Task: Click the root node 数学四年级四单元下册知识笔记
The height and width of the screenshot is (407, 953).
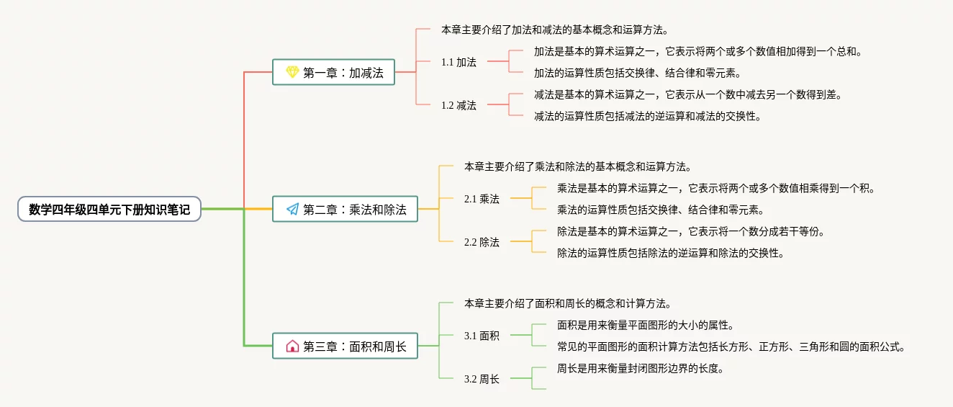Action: [109, 209]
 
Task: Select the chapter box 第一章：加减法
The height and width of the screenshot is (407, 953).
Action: [333, 72]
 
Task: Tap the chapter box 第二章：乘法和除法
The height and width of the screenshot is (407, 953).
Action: [345, 209]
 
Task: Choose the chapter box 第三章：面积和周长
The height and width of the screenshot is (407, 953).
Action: [345, 346]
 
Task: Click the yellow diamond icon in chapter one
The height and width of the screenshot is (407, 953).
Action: [292, 72]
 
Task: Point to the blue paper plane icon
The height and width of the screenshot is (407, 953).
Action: [292, 209]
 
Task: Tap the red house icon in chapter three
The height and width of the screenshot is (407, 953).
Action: [292, 346]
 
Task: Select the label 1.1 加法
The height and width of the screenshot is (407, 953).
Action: [459, 62]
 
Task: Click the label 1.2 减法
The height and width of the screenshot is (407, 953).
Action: [459, 105]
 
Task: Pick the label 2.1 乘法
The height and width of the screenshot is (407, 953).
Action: [482, 199]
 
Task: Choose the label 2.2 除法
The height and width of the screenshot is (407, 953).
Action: [482, 242]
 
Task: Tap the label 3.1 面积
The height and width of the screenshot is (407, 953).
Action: [482, 336]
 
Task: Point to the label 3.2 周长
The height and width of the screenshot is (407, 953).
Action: [482, 379]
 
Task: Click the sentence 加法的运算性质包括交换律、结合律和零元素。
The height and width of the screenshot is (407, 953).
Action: [637, 73]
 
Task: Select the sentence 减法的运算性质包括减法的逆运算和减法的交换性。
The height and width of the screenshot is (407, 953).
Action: [647, 116]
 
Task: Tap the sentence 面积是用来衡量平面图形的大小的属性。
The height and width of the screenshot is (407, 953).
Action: [645, 325]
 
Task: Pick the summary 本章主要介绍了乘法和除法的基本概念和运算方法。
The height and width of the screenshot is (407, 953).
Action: [577, 166]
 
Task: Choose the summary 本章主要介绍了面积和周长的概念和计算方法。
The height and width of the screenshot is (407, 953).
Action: [568, 303]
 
